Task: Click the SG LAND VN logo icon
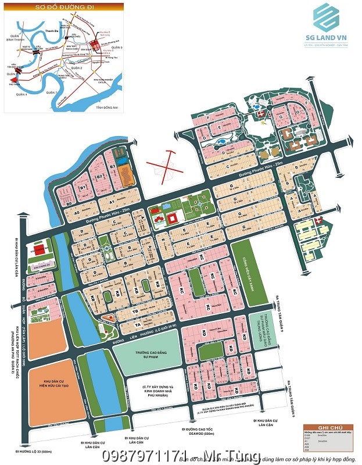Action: click(327, 18)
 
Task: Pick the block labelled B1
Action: click(83, 187)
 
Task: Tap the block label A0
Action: click(68, 205)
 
